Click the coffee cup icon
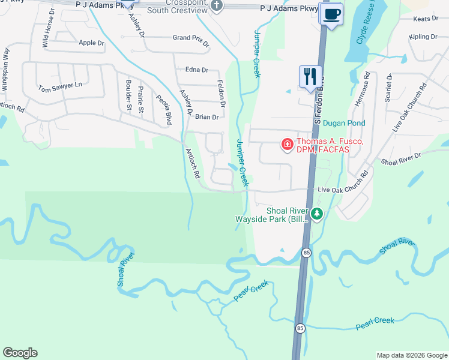click(x=330, y=14)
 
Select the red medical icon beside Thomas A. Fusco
click(x=287, y=145)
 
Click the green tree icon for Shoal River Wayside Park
click(x=317, y=213)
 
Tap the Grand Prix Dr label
click(x=191, y=41)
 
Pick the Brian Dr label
click(x=207, y=117)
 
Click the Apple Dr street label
click(x=91, y=43)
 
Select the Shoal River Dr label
click(x=401, y=158)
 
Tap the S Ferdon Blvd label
click(x=319, y=99)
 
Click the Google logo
click(x=20, y=353)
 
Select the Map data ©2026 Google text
click(x=411, y=355)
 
